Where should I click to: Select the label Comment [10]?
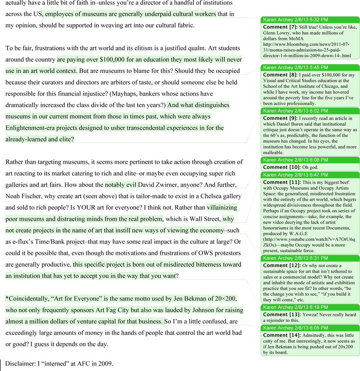coord(282,167)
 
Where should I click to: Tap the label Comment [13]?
coord(282,315)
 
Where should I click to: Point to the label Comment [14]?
coord(282,335)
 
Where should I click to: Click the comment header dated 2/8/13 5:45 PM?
coord(296,68)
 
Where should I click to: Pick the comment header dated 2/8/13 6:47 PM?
coord(296,175)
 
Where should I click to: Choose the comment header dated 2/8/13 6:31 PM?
coord(296,258)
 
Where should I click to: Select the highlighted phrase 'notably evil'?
coord(121,185)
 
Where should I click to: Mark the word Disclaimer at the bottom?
coord(21,364)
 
